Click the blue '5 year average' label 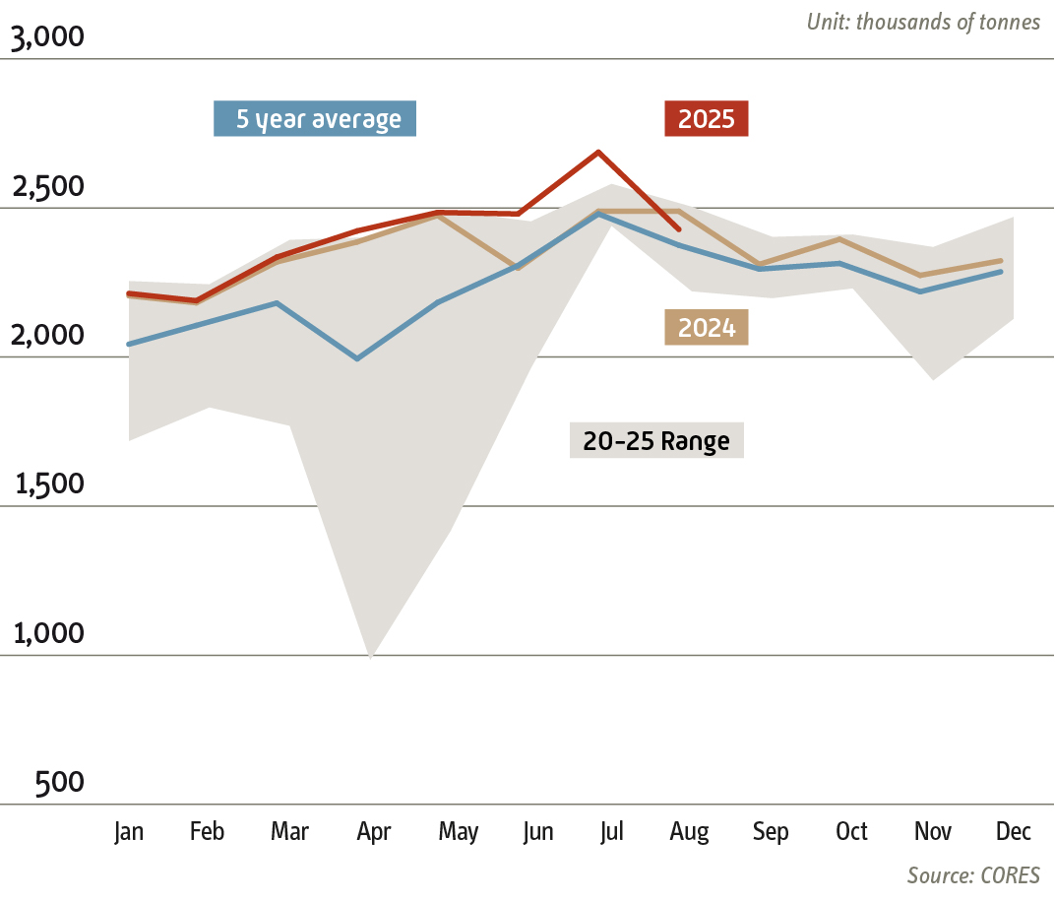pyautogui.click(x=315, y=119)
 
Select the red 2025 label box pyautogui.click(x=706, y=119)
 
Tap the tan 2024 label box pyautogui.click(x=706, y=328)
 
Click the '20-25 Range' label pyautogui.click(x=656, y=441)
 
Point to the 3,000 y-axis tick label pyautogui.click(x=48, y=38)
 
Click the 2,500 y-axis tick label pyautogui.click(x=48, y=187)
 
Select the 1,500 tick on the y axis pyautogui.click(x=48, y=485)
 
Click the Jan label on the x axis pyautogui.click(x=129, y=832)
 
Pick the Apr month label pyautogui.click(x=373, y=832)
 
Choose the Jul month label pyautogui.click(x=611, y=832)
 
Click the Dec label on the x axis pyautogui.click(x=1014, y=832)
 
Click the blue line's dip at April pyautogui.click(x=356, y=358)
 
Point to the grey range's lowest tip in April pyautogui.click(x=371, y=655)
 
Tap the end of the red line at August pyautogui.click(x=679, y=229)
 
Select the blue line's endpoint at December pyautogui.click(x=1001, y=271)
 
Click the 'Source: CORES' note pyautogui.click(x=972, y=875)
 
